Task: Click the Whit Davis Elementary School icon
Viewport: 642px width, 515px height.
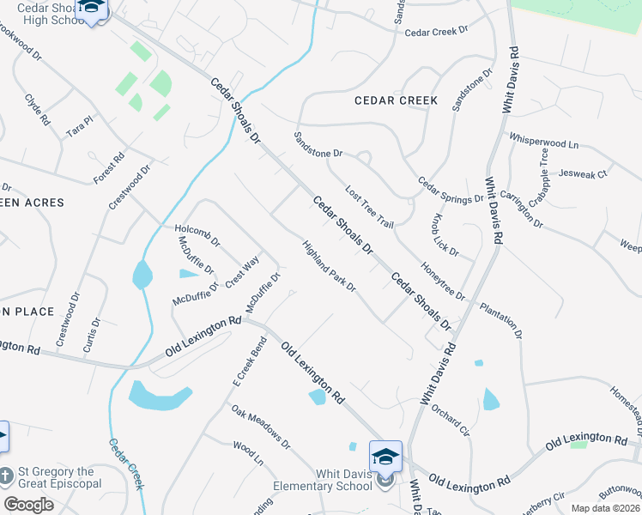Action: tap(385, 456)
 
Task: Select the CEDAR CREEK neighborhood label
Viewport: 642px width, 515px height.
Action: tap(396, 100)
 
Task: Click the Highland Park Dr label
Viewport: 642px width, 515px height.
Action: tap(329, 266)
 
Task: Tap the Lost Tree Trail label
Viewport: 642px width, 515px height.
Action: tap(369, 207)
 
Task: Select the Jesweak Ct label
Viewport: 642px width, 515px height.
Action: tap(582, 173)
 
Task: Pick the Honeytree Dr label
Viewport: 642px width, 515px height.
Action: tap(444, 282)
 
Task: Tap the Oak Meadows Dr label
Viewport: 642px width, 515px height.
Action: tap(261, 427)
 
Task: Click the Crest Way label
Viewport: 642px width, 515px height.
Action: tap(242, 274)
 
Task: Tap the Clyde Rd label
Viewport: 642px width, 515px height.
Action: tap(38, 110)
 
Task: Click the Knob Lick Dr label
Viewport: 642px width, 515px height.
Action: tap(446, 236)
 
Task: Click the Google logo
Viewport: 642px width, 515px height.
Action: tap(29, 504)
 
